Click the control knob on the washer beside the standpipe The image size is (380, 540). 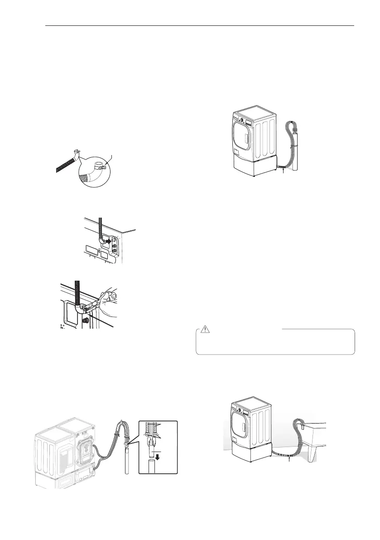(x=241, y=122)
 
